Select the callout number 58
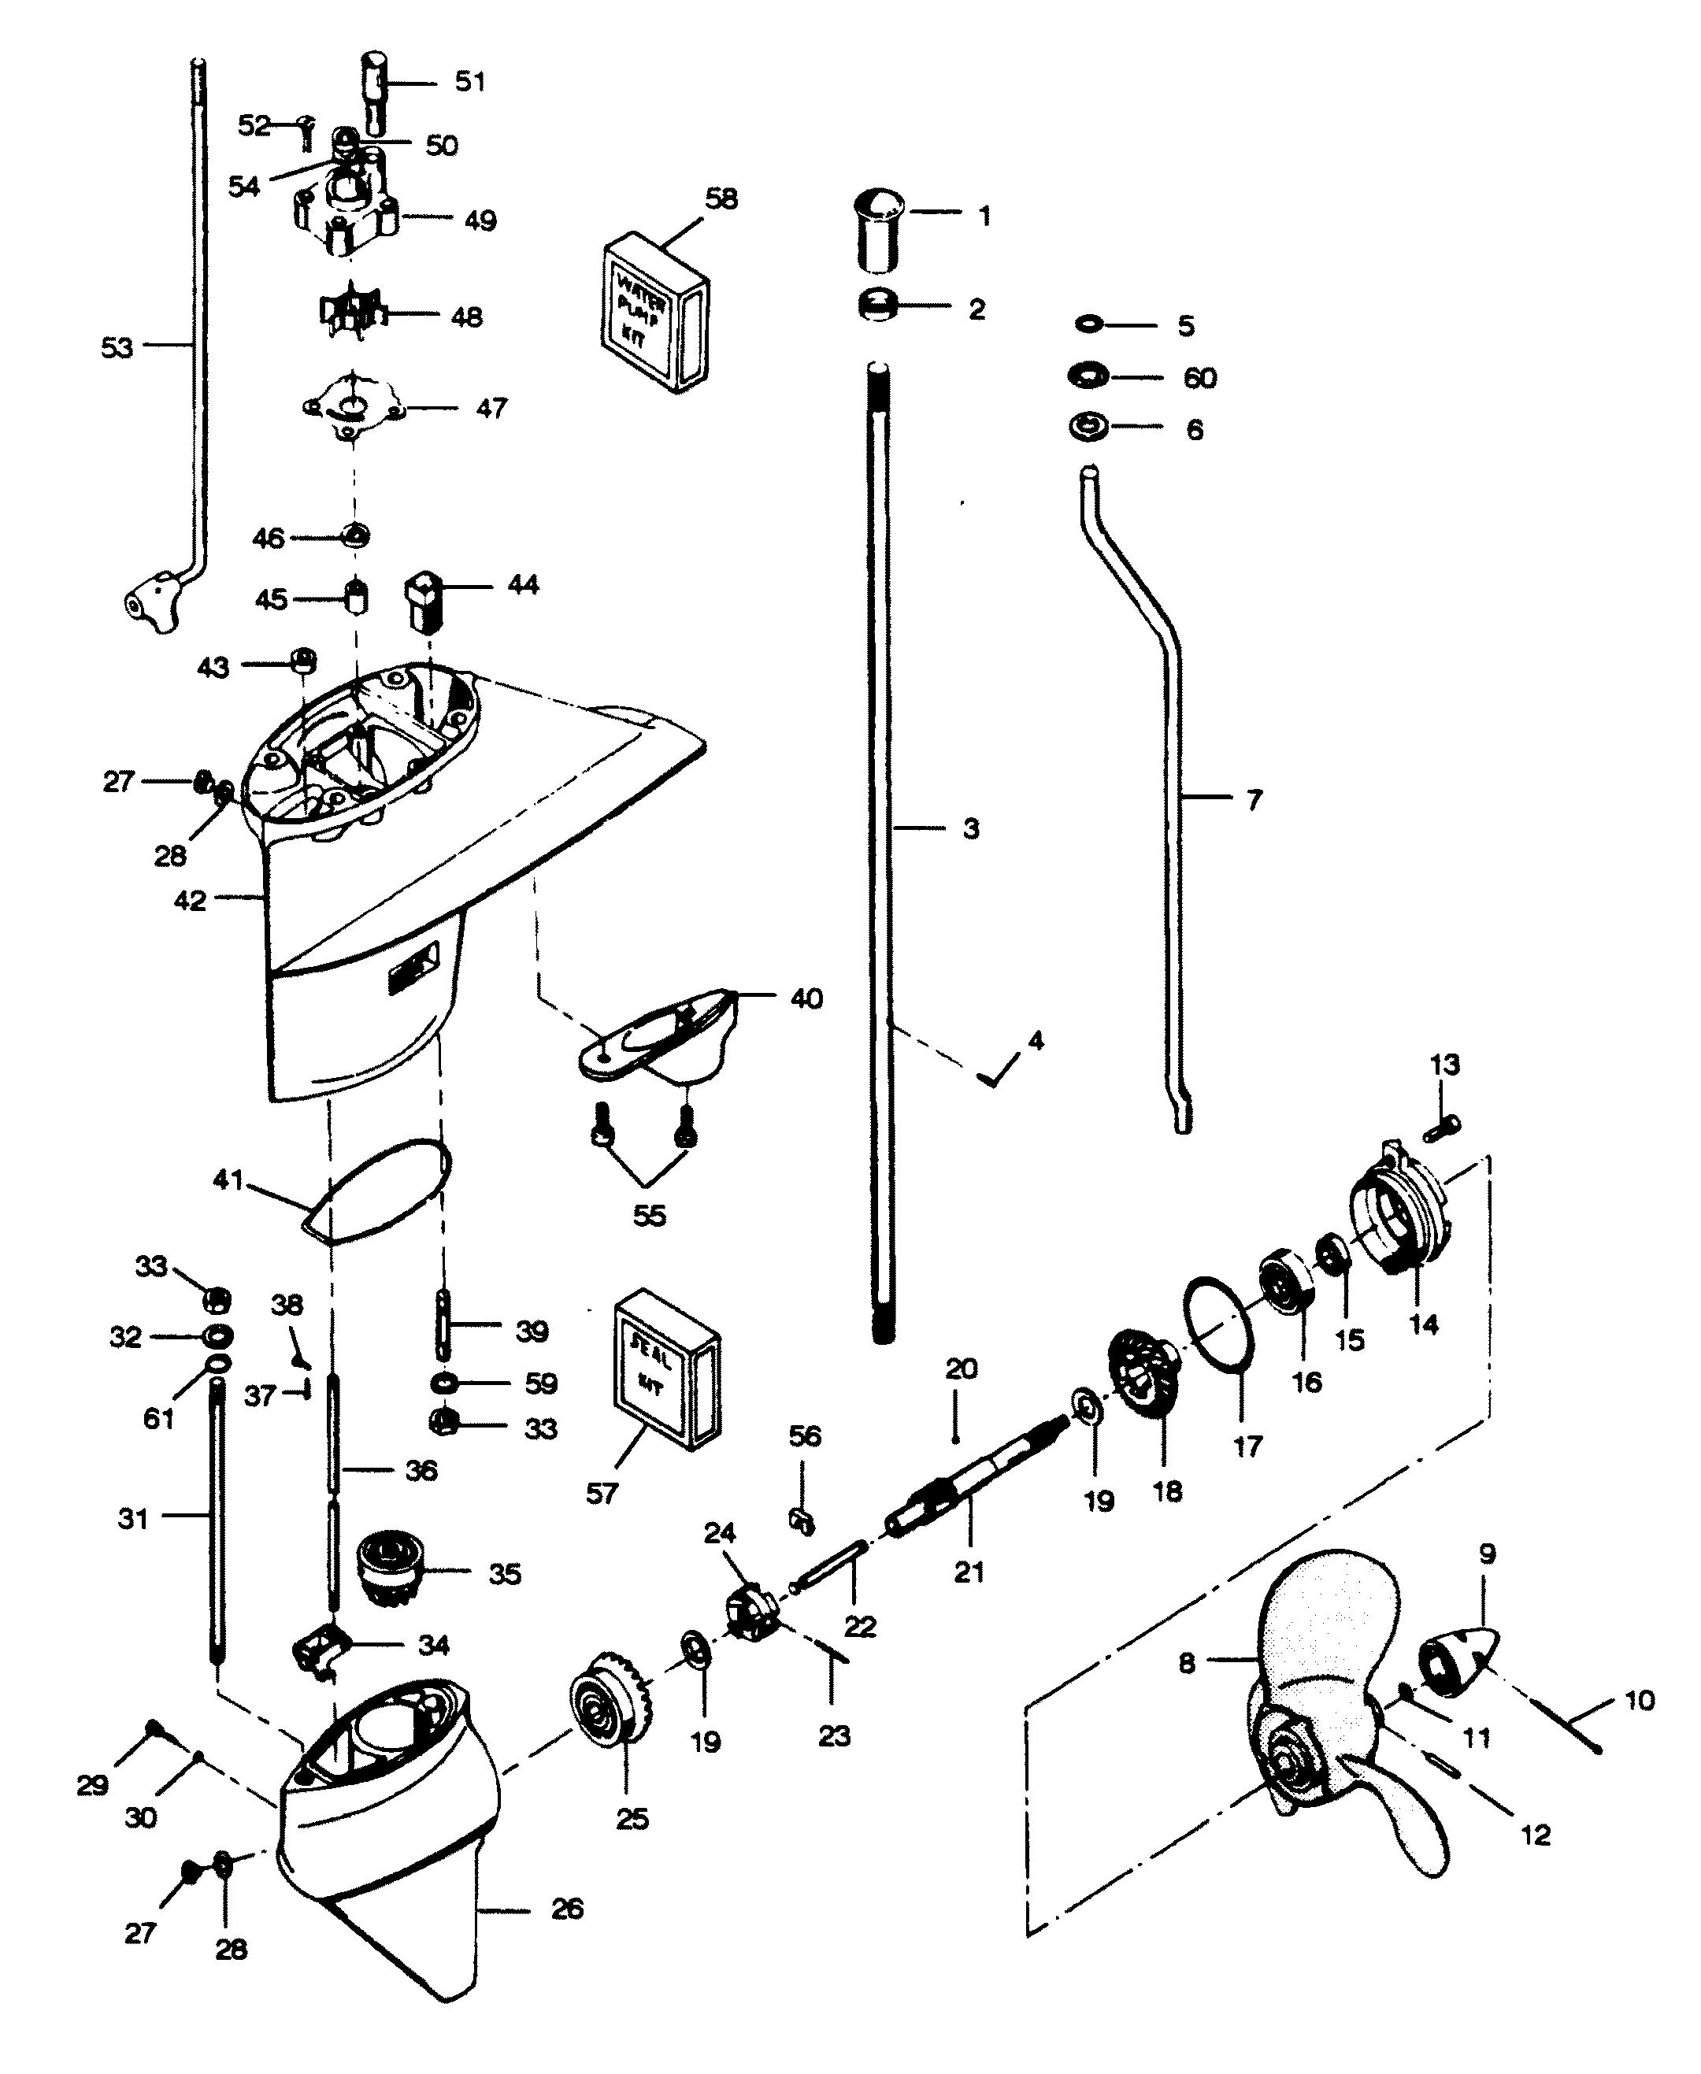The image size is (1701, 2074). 721,199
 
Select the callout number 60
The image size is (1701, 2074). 1200,378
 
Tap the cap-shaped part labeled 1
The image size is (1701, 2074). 878,233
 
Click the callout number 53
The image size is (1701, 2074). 117,346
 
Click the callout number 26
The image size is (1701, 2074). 567,1909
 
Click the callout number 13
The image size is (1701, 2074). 1444,1064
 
